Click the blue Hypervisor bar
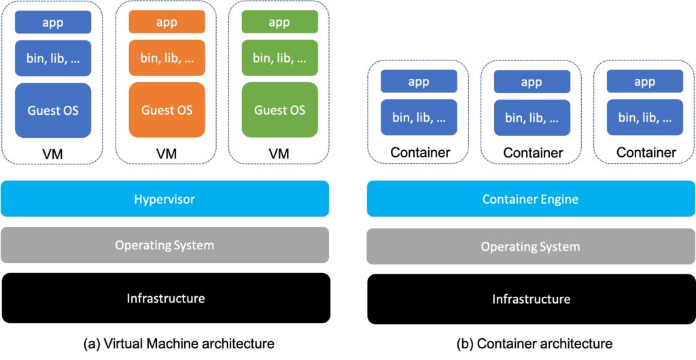pyautogui.click(x=165, y=199)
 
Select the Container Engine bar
pyautogui.click(x=530, y=199)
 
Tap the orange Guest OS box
pyautogui.click(x=167, y=109)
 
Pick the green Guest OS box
pyautogui.click(x=279, y=109)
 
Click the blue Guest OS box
pyautogui.click(x=53, y=109)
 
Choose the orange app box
pyautogui.click(x=167, y=22)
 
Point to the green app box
pyautogui.click(x=279, y=22)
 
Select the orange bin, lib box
pyautogui.click(x=167, y=58)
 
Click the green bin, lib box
pyautogui.click(x=279, y=58)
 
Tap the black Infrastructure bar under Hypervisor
pyautogui.click(x=165, y=298)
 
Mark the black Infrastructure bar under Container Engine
pyautogui.click(x=530, y=299)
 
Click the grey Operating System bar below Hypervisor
pyautogui.click(x=165, y=245)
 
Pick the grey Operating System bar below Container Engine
pyautogui.click(x=530, y=247)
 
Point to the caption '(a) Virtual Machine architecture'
pyautogui.click(x=179, y=344)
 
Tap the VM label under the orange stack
pyautogui.click(x=167, y=154)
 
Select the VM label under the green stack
pyautogui.click(x=279, y=154)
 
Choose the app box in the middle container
pyautogui.click(x=532, y=82)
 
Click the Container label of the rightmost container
pyautogui.click(x=646, y=152)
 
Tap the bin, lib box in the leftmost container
pyautogui.click(x=419, y=117)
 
